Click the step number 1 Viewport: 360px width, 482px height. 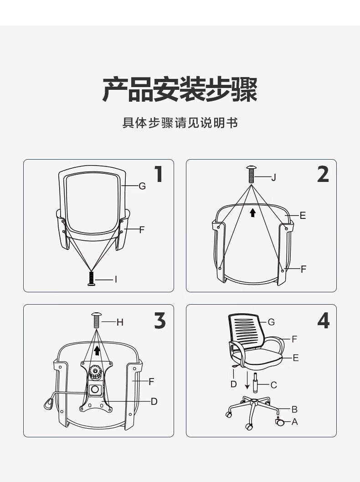click(159, 174)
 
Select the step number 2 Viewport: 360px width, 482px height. click(323, 174)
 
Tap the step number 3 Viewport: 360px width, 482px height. click(160, 321)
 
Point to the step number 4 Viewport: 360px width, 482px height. click(324, 321)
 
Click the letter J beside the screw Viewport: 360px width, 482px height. click(273, 177)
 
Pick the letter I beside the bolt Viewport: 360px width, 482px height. click(116, 280)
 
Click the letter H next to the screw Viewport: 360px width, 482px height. click(120, 322)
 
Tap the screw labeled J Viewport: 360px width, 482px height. click(251, 174)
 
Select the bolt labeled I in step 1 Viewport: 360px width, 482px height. click(91, 279)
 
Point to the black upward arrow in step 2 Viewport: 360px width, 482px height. click(252, 212)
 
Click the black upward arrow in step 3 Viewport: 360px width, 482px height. click(97, 350)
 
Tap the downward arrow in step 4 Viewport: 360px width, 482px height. click(247, 380)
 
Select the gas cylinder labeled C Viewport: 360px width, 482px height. click(255, 383)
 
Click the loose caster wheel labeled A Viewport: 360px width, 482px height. click(279, 421)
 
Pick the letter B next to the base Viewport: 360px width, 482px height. click(294, 409)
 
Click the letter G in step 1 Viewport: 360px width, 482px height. click(142, 186)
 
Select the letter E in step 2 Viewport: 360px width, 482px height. click(303, 216)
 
